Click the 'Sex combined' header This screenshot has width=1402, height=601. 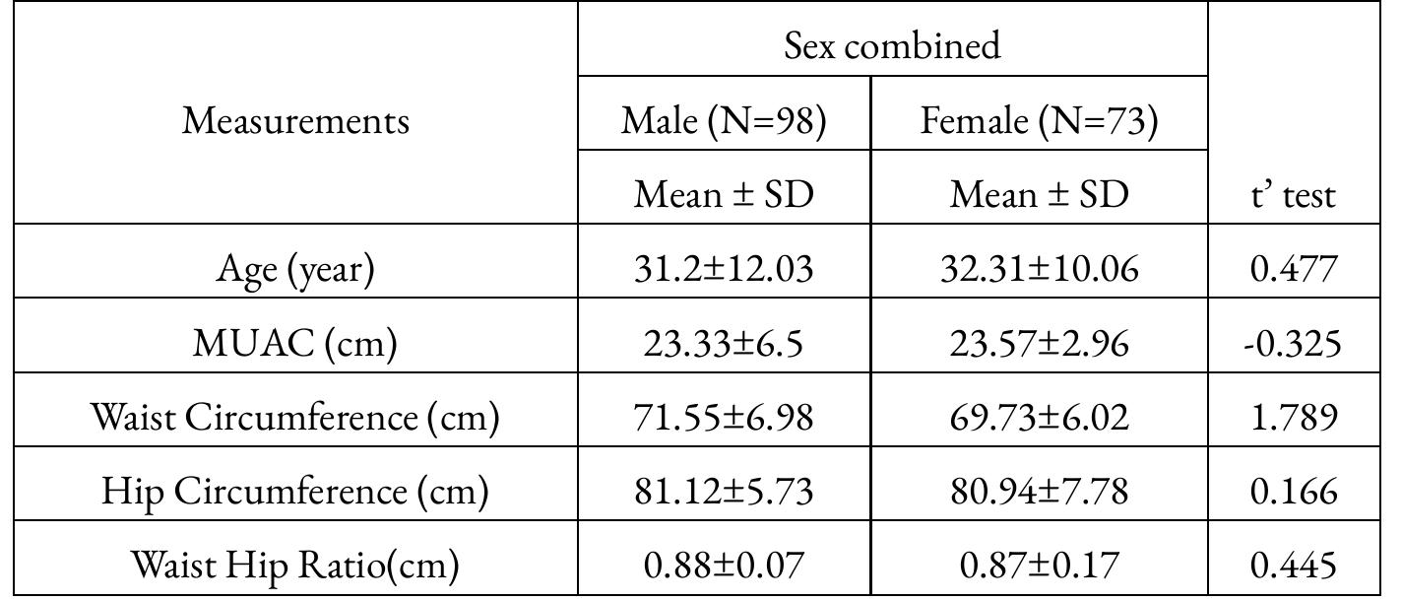click(892, 45)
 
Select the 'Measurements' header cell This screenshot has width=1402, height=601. click(295, 120)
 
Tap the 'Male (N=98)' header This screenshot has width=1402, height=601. click(724, 120)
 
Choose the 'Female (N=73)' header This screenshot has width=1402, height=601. click(1039, 120)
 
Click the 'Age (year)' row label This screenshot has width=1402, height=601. click(295, 269)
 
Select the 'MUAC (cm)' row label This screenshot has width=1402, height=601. click(295, 343)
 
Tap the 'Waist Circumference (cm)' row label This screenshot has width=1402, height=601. click(295, 417)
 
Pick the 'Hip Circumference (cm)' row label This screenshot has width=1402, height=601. click(295, 491)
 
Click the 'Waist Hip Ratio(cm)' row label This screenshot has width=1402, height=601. click(295, 565)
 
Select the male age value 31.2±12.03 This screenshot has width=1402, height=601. click(724, 269)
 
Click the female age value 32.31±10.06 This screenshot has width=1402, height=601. click(1039, 269)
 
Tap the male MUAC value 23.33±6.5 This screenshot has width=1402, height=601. click(724, 343)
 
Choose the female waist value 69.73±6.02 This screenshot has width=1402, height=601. click(1039, 417)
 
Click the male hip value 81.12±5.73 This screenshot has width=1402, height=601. click(724, 491)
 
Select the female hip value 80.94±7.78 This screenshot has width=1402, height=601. click(1039, 491)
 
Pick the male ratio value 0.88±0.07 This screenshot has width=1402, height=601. click(724, 565)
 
